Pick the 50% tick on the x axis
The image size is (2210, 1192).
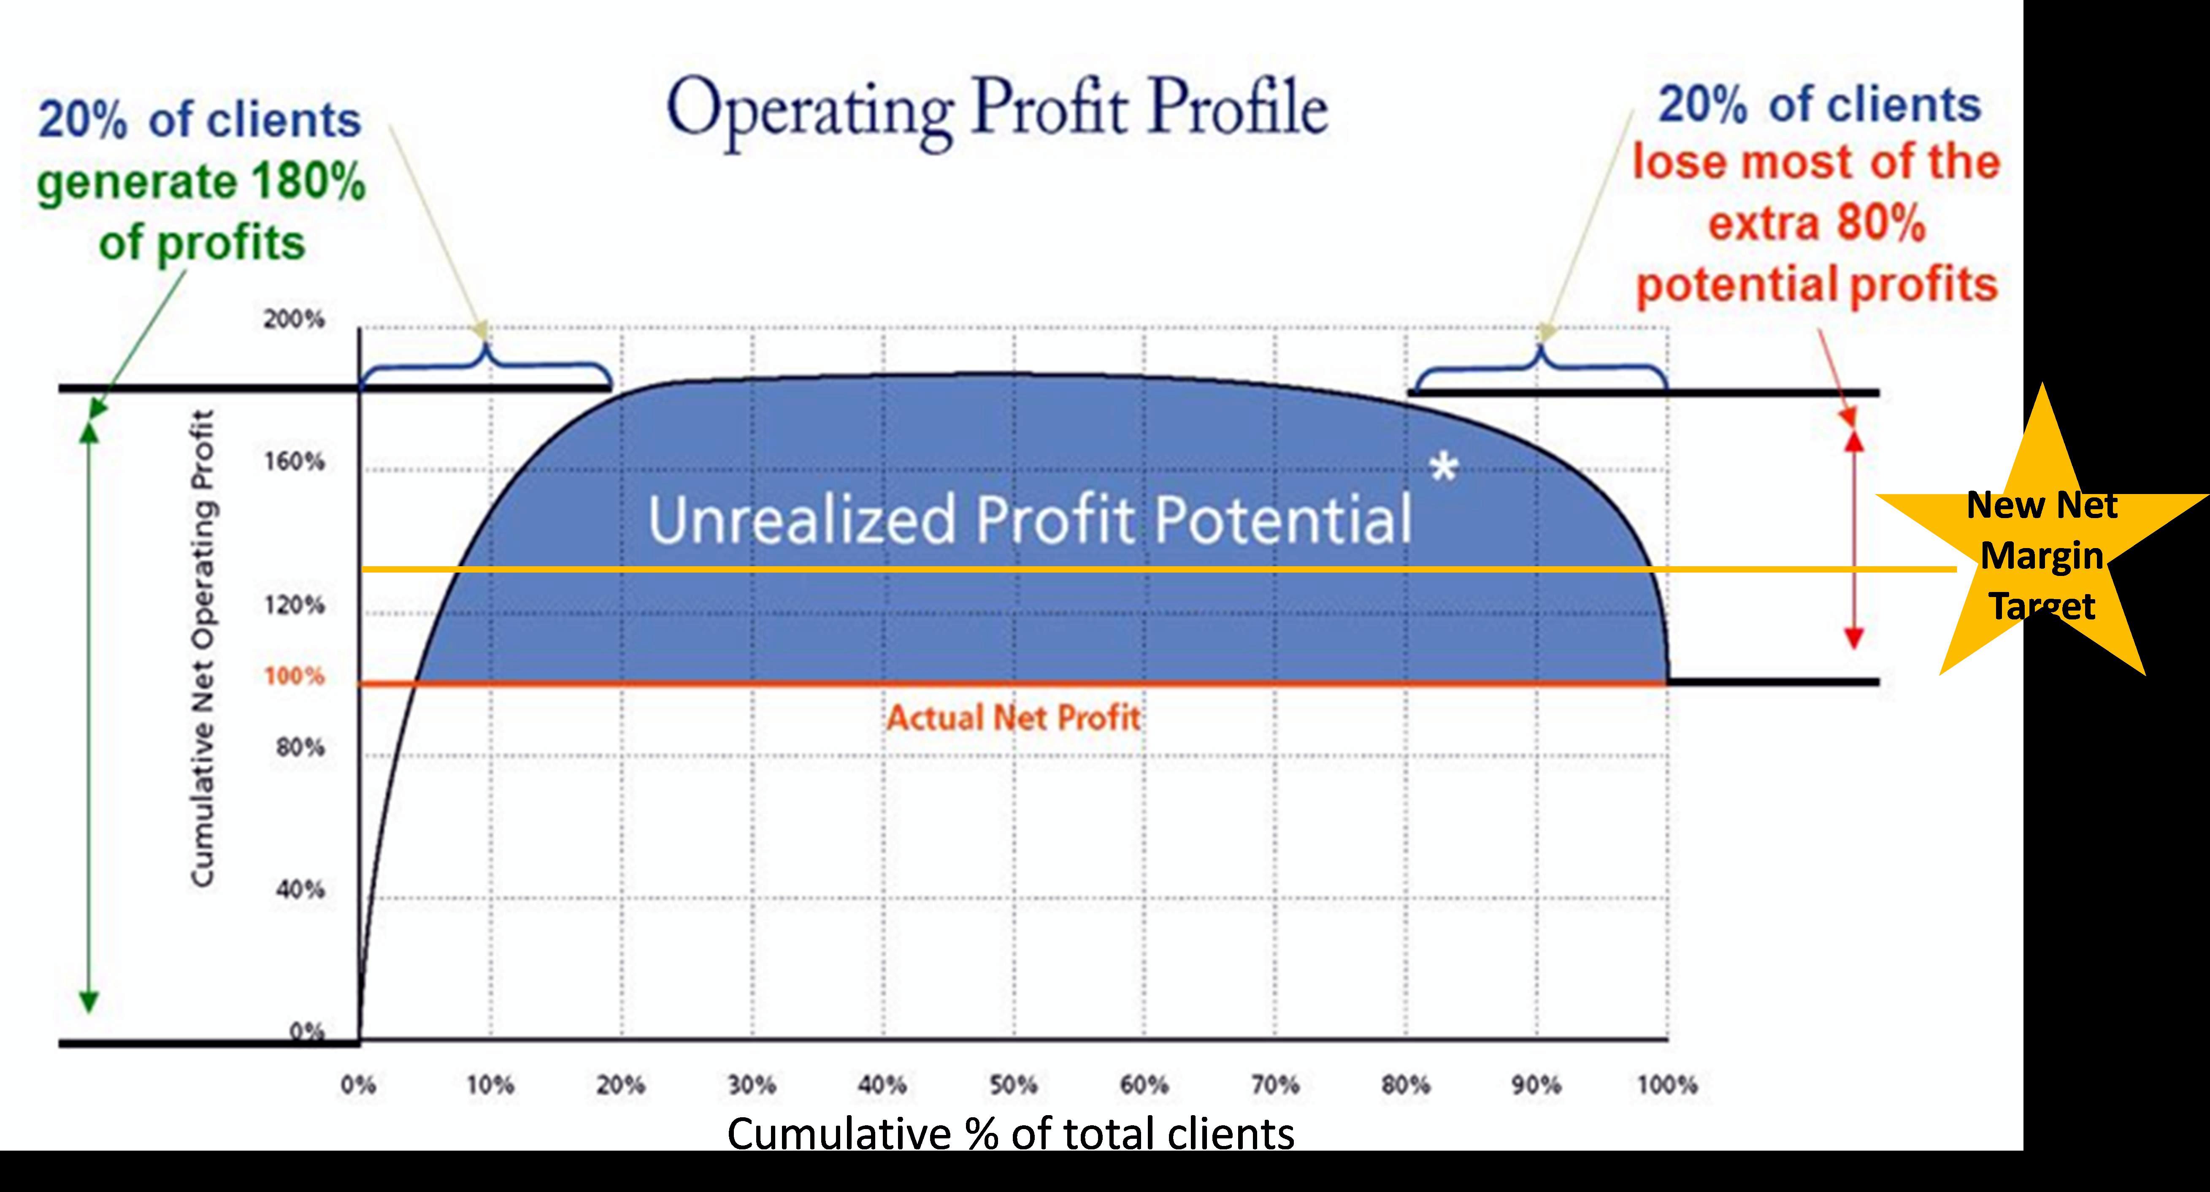(1014, 1085)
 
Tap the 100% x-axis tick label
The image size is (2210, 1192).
(1667, 1085)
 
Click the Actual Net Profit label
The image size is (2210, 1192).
(1013, 717)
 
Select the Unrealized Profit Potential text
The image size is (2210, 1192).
(1030, 519)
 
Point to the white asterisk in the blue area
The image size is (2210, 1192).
(1444, 468)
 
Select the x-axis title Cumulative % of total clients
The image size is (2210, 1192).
(1011, 1134)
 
